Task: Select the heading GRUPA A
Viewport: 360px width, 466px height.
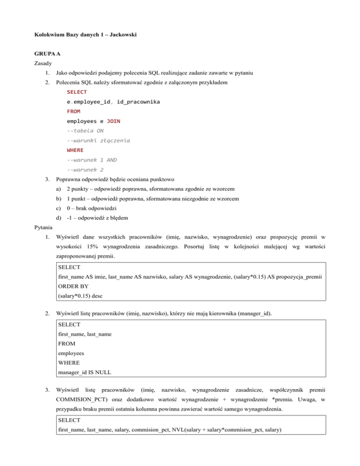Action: [x=48, y=54]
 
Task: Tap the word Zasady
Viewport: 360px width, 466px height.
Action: [x=45, y=63]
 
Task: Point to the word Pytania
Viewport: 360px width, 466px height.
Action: [x=45, y=228]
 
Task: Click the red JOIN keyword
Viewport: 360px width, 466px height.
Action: [x=113, y=121]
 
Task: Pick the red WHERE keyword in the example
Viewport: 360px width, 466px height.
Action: [x=75, y=150]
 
